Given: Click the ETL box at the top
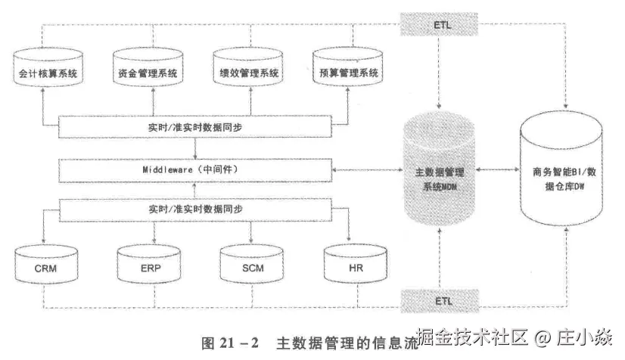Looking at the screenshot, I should coord(440,25).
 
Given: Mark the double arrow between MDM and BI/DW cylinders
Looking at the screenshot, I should coord(499,171).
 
